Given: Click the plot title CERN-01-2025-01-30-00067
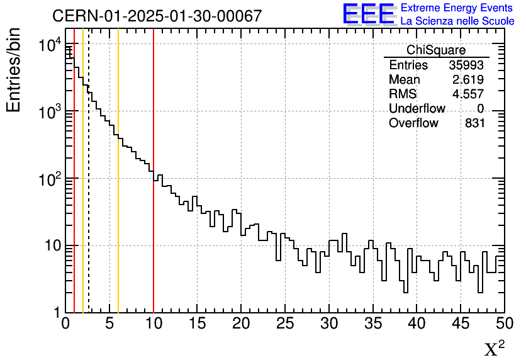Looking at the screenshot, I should click(x=157, y=16).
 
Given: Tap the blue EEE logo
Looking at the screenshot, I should click(x=368, y=14).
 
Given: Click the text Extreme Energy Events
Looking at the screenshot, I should click(x=457, y=8).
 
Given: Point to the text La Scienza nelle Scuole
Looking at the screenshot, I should click(x=457, y=21).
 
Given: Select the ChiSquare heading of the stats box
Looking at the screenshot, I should click(x=436, y=50).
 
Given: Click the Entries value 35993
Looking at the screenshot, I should click(x=467, y=65).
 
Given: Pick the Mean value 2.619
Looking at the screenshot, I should click(x=469, y=80).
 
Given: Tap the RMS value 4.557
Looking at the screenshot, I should click(x=469, y=94).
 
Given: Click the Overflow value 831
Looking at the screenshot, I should click(x=474, y=123).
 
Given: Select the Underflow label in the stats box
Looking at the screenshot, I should click(x=417, y=109).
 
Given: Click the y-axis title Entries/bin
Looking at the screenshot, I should click(x=14, y=70).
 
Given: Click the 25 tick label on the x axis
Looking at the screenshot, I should click(x=285, y=324).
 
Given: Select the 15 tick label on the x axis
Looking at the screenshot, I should click(x=198, y=324).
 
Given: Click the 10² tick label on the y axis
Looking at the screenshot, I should click(x=49, y=179).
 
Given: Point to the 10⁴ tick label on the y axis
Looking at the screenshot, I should click(x=49, y=45).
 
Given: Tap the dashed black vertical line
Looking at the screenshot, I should click(x=89, y=220).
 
